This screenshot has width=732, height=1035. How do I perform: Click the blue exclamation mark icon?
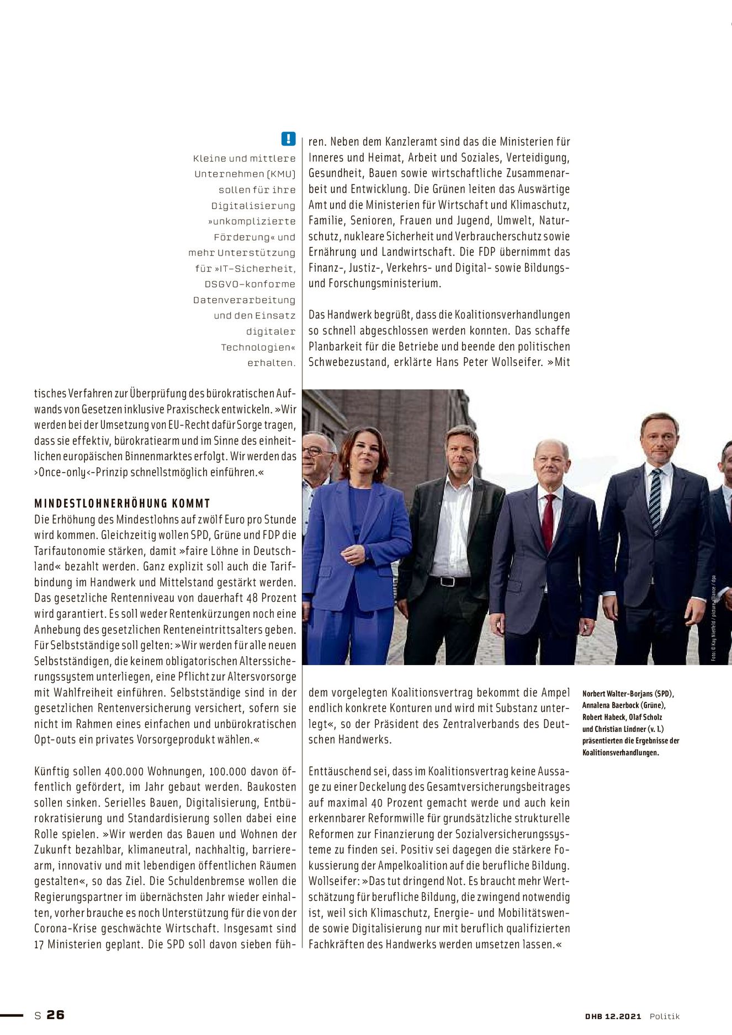point(288,139)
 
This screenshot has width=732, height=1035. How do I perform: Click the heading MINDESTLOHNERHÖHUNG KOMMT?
point(122,503)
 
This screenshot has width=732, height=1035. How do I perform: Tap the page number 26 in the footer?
point(55,1015)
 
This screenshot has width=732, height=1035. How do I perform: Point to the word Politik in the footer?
point(664,1016)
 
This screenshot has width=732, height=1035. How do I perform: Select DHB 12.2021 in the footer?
point(613,1016)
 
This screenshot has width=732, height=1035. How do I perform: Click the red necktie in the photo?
point(548,521)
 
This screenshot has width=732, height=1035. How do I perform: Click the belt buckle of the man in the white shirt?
point(447,581)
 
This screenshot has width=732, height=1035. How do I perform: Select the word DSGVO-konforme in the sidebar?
point(250,284)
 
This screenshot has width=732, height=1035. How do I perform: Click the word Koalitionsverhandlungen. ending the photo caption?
point(620,753)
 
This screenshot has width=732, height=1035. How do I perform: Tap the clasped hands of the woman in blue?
point(353,554)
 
